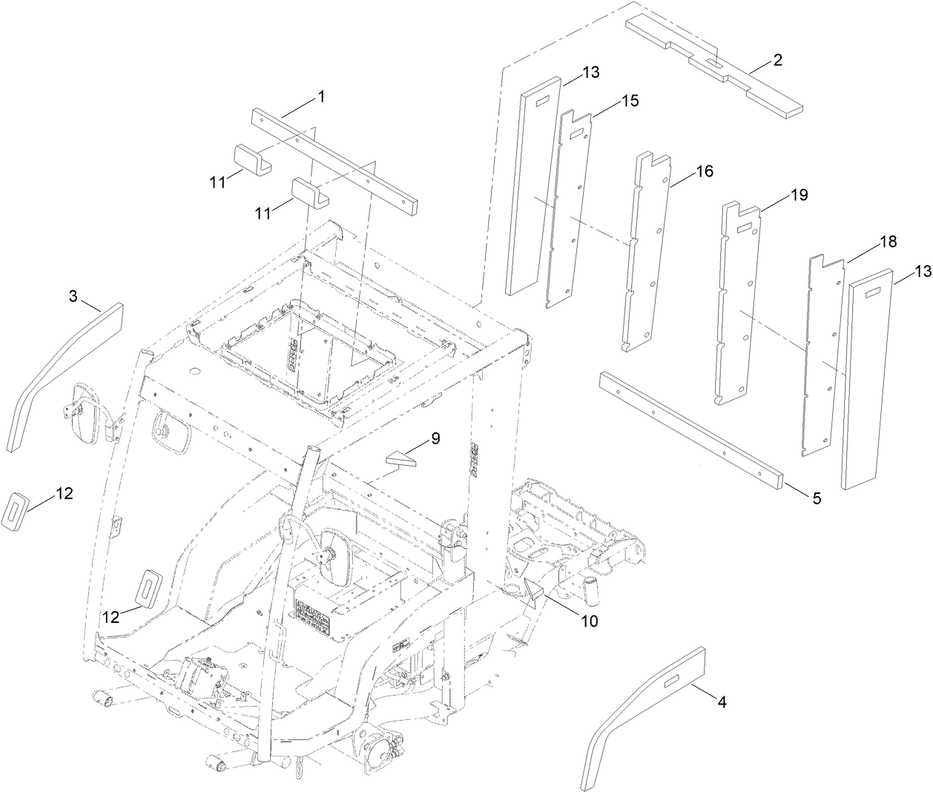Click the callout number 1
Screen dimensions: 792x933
[320, 96]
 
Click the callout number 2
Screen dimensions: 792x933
[777, 60]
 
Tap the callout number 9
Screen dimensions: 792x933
[435, 438]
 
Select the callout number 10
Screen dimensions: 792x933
[588, 621]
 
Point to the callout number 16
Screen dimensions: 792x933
[704, 171]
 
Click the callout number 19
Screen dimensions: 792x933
[799, 195]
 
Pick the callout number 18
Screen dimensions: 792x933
[887, 242]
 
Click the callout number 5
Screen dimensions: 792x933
[816, 499]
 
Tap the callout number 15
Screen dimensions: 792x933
[630, 100]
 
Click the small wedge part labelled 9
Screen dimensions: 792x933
[400, 461]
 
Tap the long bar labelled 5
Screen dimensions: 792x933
[690, 430]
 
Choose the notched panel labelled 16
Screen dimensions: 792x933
[644, 252]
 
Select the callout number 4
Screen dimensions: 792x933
[721, 702]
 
